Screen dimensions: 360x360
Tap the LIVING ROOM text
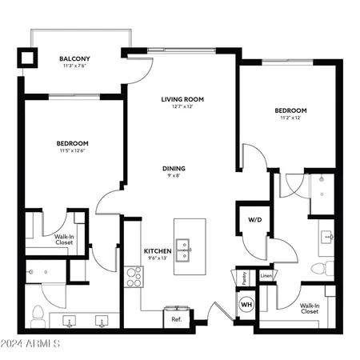tap(182, 99)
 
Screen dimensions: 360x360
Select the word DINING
tap(174, 168)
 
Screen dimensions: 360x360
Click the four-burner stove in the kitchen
tap(134, 276)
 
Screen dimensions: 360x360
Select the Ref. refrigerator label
tap(176, 319)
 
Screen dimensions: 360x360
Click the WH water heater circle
tap(246, 305)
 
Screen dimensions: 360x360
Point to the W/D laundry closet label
tap(254, 218)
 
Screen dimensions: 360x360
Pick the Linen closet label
tap(266, 278)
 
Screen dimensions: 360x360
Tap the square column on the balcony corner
tap(30, 58)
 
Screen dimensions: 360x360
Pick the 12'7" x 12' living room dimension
tap(182, 107)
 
